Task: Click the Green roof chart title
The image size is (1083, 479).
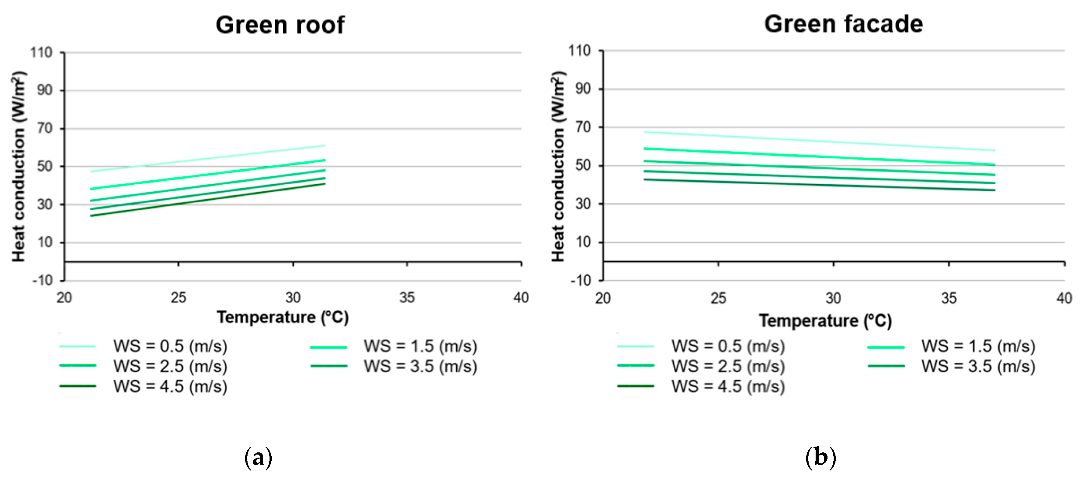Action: tap(280, 25)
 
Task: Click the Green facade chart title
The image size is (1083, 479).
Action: tap(843, 24)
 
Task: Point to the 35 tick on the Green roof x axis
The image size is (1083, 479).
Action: tap(407, 298)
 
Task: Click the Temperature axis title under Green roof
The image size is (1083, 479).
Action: tap(283, 317)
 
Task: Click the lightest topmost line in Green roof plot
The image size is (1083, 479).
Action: tap(210, 159)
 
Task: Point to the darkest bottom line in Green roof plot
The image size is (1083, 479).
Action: tap(210, 200)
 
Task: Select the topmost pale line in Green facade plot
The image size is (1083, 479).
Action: tap(820, 142)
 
